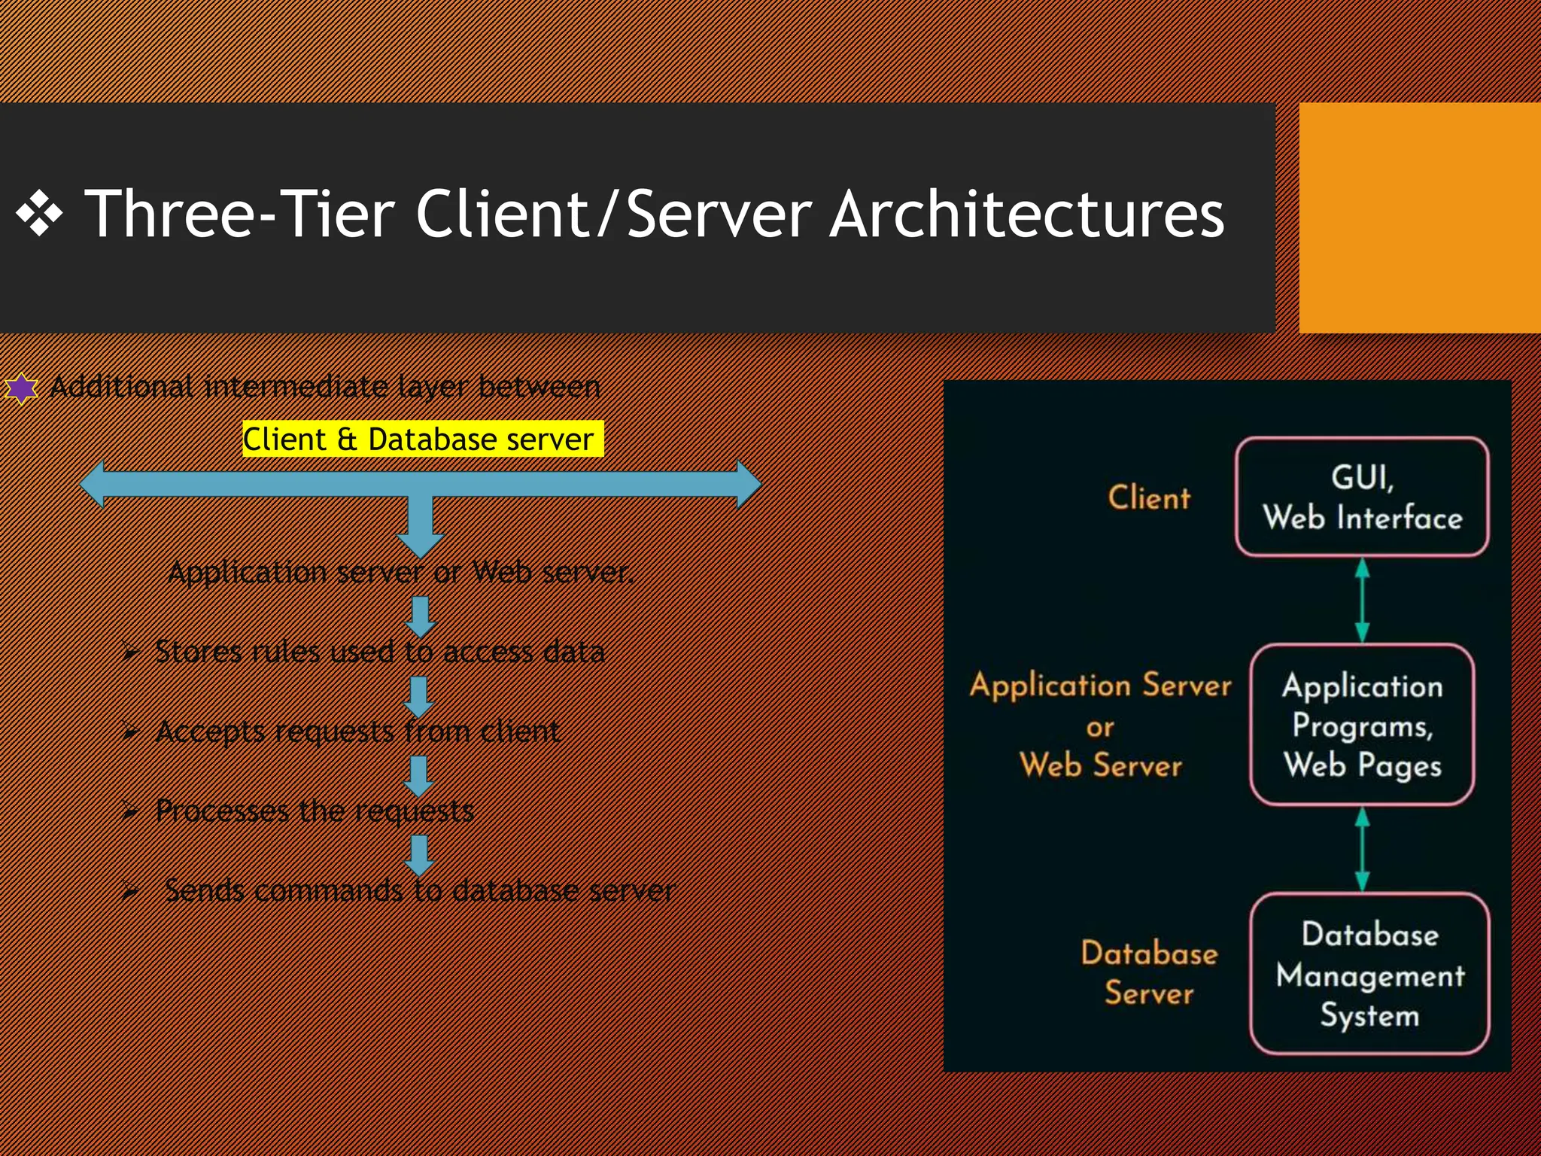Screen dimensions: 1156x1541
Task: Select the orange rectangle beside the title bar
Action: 1419,218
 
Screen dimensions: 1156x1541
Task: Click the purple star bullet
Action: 21,388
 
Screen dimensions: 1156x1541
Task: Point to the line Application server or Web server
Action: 401,573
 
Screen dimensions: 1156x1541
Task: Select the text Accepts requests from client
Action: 357,732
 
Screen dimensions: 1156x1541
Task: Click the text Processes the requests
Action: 315,811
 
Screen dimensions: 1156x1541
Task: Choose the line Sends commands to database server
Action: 419,891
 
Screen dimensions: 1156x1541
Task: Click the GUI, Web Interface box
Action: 1362,497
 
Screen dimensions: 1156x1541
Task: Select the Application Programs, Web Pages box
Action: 1362,725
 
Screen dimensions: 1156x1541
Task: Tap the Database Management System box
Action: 1369,974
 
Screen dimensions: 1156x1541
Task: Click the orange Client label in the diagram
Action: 1149,497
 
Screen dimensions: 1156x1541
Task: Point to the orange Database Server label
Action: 1149,972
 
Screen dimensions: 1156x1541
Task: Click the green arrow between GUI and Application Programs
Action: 1362,600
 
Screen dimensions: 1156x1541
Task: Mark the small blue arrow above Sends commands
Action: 419,856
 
